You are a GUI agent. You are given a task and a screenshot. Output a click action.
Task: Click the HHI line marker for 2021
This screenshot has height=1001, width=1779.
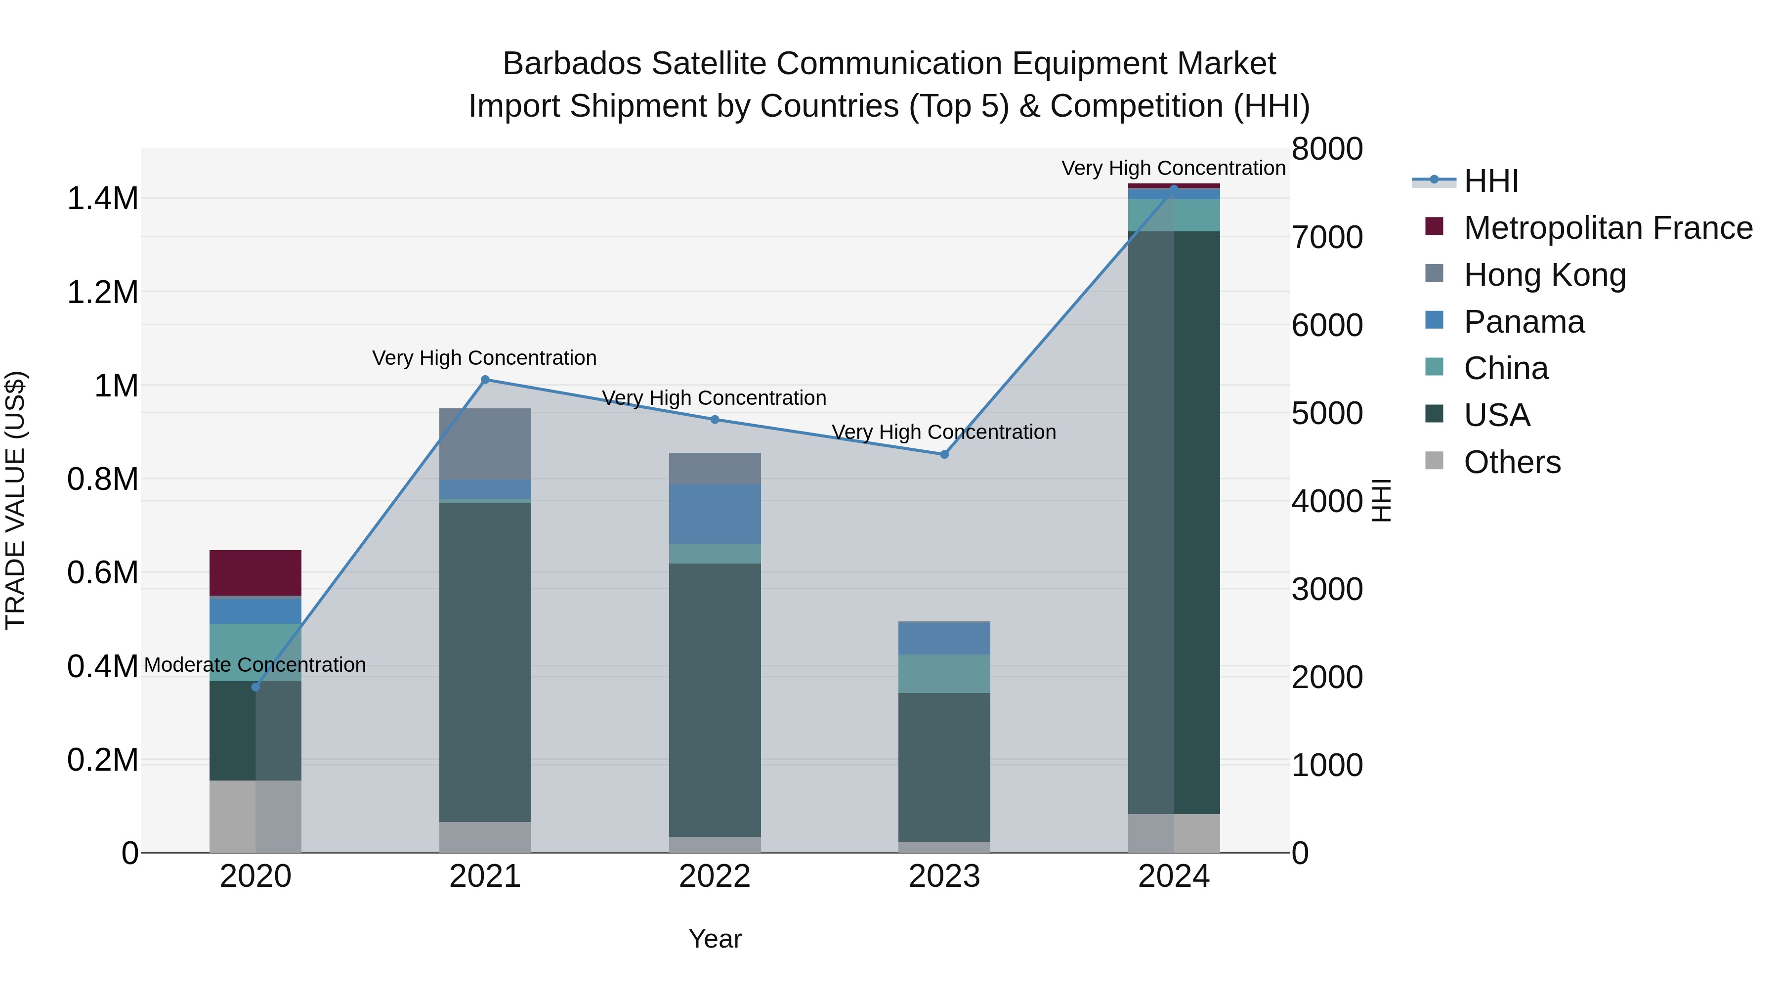tap(485, 379)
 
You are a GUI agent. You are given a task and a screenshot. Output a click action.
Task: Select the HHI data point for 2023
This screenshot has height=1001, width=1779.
tap(944, 455)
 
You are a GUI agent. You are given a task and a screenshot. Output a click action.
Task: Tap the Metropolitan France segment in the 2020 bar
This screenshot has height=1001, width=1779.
tap(255, 573)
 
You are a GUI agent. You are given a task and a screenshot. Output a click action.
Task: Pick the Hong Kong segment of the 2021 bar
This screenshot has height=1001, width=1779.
tap(485, 443)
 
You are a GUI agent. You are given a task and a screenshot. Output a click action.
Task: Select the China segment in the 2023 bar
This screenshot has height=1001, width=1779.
tap(944, 674)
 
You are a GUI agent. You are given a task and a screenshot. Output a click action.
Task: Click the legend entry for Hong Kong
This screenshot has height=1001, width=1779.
tap(1544, 274)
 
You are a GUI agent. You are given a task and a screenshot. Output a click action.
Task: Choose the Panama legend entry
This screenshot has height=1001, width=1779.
tap(1524, 322)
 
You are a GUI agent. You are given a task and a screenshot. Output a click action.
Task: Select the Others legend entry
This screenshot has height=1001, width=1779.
tap(1512, 462)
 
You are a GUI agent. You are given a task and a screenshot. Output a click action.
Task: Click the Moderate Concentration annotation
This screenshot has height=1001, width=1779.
tap(255, 664)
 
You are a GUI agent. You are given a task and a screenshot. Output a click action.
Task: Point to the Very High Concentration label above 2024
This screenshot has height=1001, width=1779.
tap(1173, 168)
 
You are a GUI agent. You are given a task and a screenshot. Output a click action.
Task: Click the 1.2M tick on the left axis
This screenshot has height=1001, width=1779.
tap(102, 292)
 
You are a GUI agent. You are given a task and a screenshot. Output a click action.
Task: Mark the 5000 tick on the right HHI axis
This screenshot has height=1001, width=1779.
tap(1327, 413)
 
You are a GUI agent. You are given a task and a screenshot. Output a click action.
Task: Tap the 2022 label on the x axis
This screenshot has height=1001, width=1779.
tap(715, 876)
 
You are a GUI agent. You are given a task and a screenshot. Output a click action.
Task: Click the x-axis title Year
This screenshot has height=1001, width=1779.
tap(715, 939)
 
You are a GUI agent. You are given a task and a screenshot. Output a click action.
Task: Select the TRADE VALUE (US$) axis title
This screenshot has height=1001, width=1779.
tap(15, 500)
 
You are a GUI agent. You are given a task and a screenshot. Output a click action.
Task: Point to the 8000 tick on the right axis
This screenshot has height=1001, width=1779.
tap(1327, 149)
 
